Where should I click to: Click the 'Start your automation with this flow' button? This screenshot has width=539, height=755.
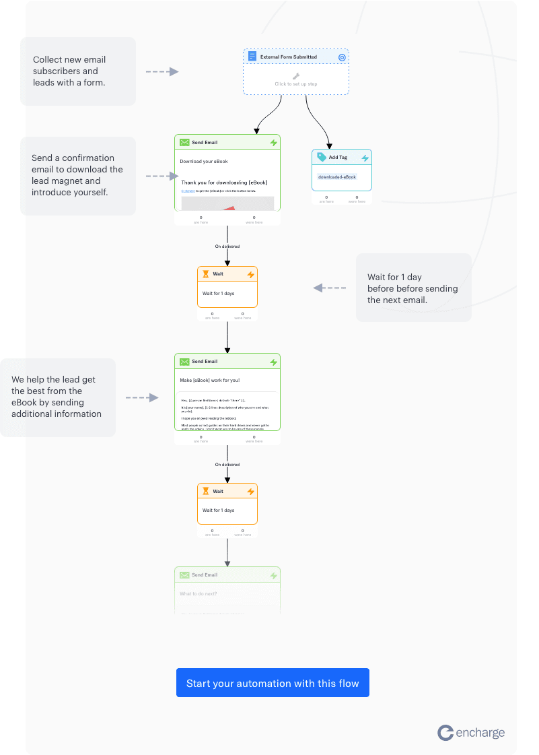tap(273, 683)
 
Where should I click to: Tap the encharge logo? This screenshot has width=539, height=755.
tap(471, 733)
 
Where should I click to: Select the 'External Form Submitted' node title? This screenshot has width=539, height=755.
tap(288, 57)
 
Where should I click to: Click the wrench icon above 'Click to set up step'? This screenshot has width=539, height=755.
tap(296, 76)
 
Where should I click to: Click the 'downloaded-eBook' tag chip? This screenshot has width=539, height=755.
tap(336, 176)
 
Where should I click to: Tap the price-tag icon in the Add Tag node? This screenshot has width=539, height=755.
tap(321, 157)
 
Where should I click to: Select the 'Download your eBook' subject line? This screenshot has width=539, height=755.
tap(204, 162)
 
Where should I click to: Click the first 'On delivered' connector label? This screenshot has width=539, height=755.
tap(227, 247)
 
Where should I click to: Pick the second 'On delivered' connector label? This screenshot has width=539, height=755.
tap(227, 465)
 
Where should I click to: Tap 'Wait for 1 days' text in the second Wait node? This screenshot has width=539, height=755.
tap(219, 511)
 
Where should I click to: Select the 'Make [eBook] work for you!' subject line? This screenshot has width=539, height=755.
tap(209, 381)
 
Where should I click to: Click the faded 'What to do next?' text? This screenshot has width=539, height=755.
tap(199, 593)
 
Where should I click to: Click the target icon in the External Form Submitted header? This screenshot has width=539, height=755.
tap(342, 57)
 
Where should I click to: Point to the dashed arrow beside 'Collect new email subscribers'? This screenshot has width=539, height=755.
tap(162, 71)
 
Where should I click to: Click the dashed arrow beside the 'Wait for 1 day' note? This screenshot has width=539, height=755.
tap(329, 288)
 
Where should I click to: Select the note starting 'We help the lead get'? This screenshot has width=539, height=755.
tap(57, 397)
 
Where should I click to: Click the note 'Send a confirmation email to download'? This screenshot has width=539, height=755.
tap(77, 175)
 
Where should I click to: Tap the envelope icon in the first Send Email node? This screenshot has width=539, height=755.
tap(184, 143)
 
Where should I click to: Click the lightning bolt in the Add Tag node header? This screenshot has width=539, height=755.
tap(365, 158)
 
